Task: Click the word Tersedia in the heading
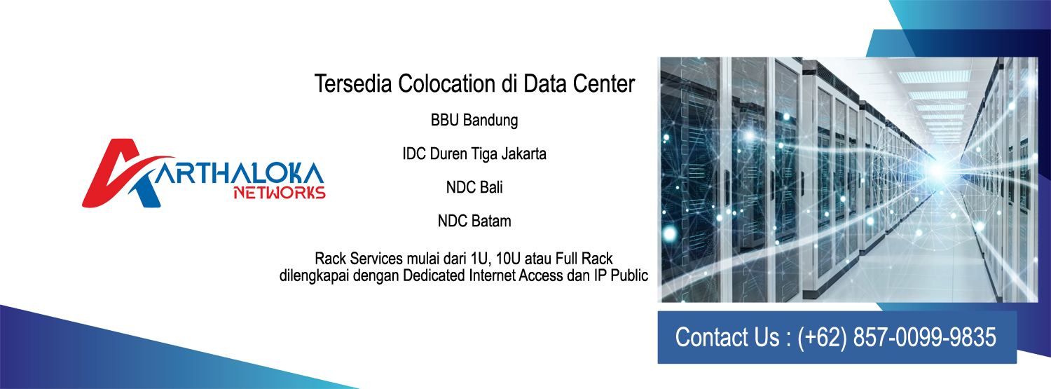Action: (x=353, y=83)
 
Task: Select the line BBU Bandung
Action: (x=474, y=120)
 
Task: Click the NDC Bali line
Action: (x=474, y=187)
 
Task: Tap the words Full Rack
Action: (x=584, y=259)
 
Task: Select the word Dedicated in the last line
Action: (x=434, y=275)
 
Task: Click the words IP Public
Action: (x=621, y=275)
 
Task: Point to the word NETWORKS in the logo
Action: (x=280, y=193)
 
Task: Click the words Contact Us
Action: (x=727, y=337)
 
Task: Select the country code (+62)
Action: (x=822, y=337)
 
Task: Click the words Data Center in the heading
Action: (x=579, y=83)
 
